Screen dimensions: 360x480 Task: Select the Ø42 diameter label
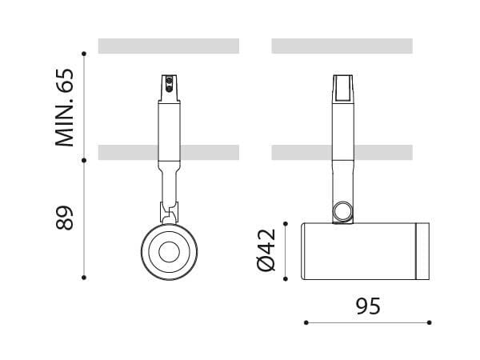click(266, 250)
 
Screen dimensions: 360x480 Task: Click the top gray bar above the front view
click(169, 46)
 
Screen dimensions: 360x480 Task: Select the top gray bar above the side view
click(342, 46)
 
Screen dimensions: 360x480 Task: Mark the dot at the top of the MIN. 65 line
click(84, 53)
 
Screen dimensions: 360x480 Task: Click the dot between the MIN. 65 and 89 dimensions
click(84, 159)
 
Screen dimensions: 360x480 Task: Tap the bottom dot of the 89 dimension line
click(84, 278)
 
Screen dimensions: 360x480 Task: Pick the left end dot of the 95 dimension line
click(306, 322)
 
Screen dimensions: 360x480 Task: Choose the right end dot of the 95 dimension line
click(430, 322)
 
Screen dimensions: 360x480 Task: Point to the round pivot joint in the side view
click(343, 211)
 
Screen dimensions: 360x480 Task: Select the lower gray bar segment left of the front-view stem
click(127, 152)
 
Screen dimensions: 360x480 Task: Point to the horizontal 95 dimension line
click(368, 322)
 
